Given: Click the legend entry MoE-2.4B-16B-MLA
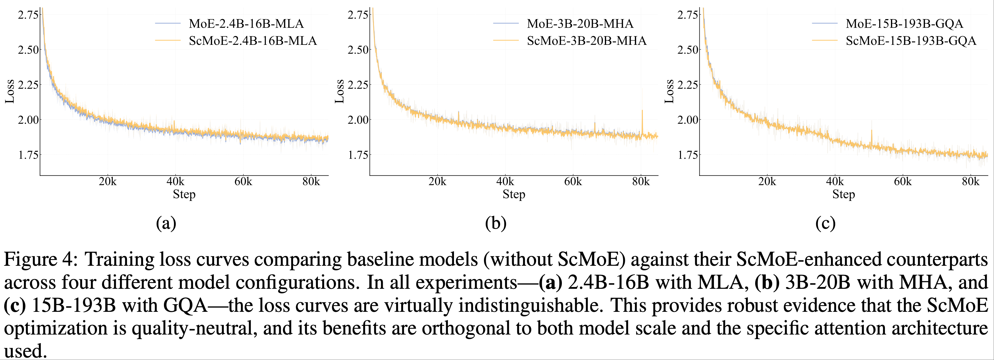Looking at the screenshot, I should tap(246, 24).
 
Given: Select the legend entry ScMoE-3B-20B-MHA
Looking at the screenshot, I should tap(586, 41).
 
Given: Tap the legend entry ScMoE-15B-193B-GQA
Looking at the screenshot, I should tap(911, 41).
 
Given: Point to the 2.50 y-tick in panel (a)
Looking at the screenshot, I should tap(28, 50).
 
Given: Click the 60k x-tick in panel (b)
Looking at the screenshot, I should tap(573, 181).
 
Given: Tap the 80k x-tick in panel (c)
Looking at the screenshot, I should tap(970, 181).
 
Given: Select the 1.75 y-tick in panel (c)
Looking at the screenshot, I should tap(688, 155).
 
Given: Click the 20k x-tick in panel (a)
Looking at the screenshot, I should tap(108, 181).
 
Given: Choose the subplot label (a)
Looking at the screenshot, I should tap(166, 223).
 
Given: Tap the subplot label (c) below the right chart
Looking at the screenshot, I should tap(826, 223).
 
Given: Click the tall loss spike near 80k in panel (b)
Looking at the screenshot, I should tap(642, 116).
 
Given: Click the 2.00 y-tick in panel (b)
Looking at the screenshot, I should tap(358, 120).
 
